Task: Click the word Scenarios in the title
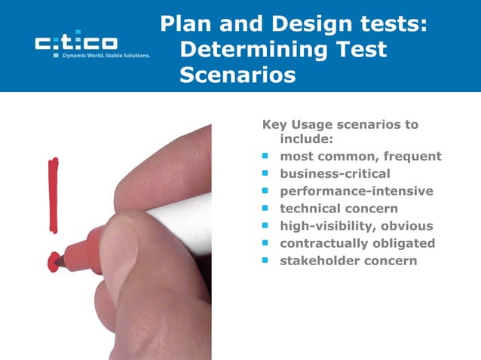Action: (x=237, y=76)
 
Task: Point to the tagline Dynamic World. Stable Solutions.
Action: (x=106, y=55)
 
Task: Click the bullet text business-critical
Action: (x=335, y=174)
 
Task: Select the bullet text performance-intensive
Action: (x=356, y=191)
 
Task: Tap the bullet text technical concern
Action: (x=339, y=209)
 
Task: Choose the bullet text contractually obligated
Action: (x=357, y=243)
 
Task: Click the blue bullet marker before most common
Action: (x=265, y=157)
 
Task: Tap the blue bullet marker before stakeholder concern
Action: (x=265, y=261)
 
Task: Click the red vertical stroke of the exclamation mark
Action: (x=53, y=195)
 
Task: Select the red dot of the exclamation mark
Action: (x=53, y=261)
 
